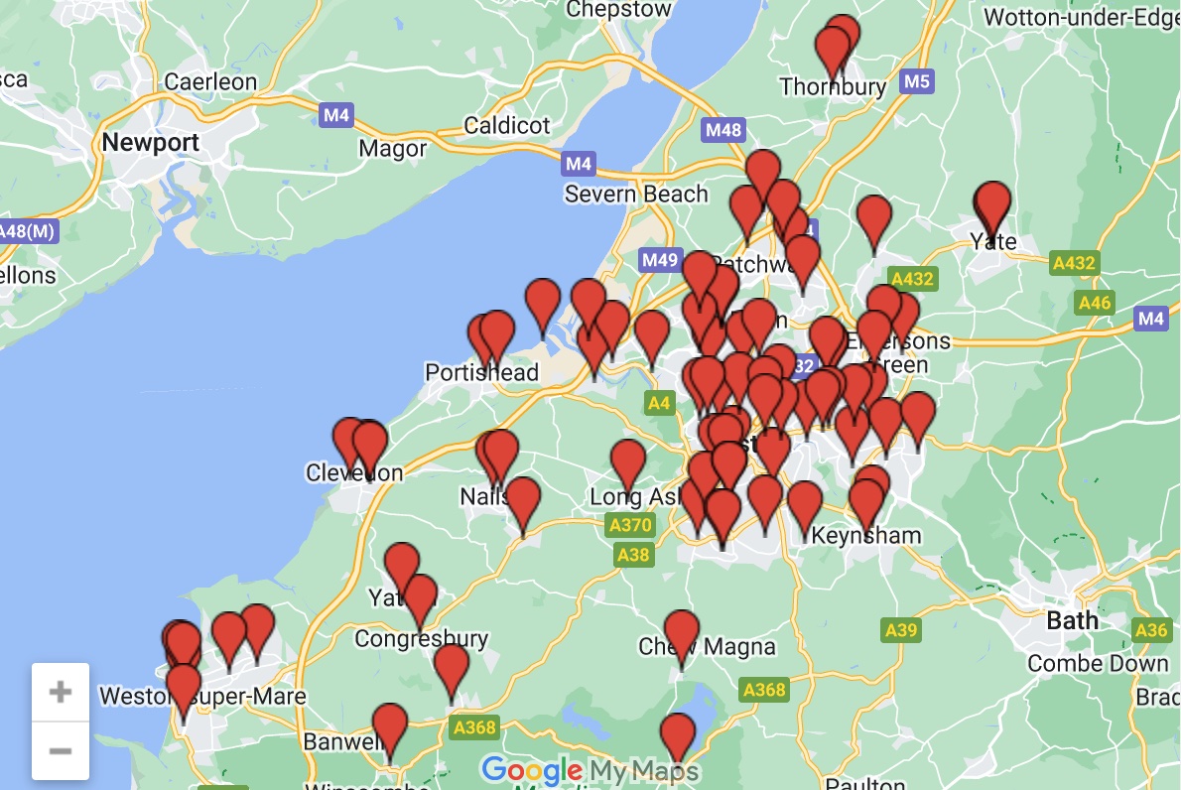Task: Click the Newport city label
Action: [151, 143]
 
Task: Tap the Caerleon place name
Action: [210, 82]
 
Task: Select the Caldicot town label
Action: [506, 126]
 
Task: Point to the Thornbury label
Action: [833, 87]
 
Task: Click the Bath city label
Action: [1073, 621]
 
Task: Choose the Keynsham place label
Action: [865, 536]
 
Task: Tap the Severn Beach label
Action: [636, 194]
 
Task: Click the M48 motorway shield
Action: [722, 130]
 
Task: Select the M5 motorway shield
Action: [917, 81]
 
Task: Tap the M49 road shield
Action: [660, 261]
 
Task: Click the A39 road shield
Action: [901, 629]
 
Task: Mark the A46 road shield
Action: [1096, 303]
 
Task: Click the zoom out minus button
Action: [61, 750]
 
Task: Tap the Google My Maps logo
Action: [590, 770]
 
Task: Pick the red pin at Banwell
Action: [390, 726]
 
